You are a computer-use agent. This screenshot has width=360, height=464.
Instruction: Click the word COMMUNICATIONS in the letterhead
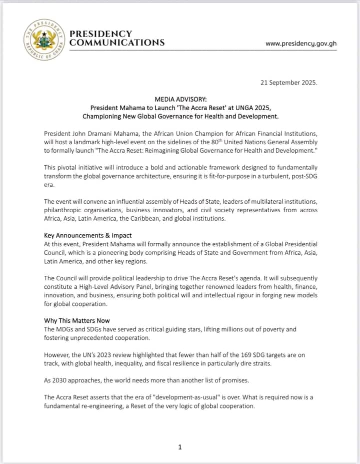click(117, 43)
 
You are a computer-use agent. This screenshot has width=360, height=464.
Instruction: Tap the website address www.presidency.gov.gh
click(301, 44)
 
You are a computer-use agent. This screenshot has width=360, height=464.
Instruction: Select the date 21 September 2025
click(288, 83)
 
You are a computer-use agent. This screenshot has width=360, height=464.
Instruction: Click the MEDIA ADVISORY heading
click(180, 100)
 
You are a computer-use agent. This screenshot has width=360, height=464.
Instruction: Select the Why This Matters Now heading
click(77, 320)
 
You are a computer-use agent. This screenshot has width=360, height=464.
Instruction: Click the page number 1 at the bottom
click(180, 447)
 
